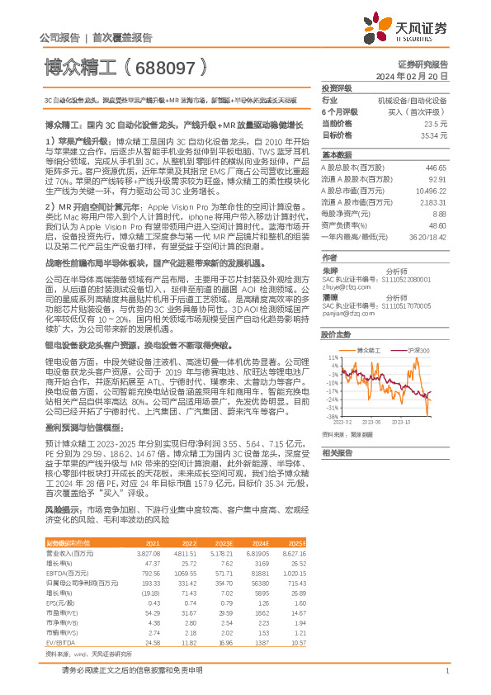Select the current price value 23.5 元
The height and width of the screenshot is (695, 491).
(437, 123)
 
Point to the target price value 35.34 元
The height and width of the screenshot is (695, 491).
(434, 134)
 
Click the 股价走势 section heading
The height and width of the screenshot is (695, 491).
(336, 334)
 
